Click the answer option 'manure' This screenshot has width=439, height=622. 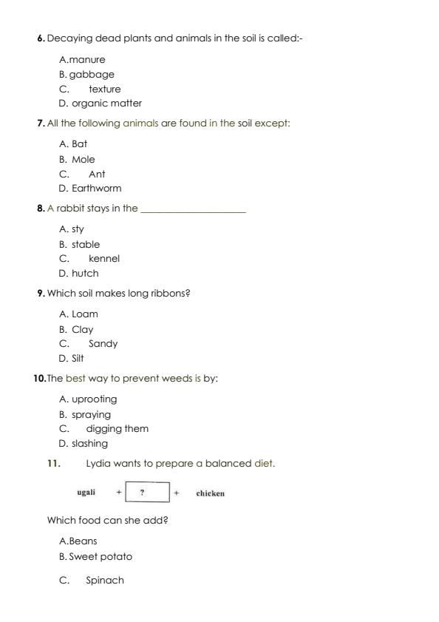pyautogui.click(x=87, y=60)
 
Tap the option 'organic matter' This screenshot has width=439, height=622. pyautogui.click(x=106, y=104)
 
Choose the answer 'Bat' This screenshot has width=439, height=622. pyautogui.click(x=79, y=144)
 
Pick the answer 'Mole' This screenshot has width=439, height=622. pyautogui.click(x=84, y=160)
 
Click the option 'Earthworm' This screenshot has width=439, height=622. pyautogui.click(x=96, y=189)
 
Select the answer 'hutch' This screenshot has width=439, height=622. pyautogui.click(x=85, y=274)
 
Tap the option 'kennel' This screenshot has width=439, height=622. pyautogui.click(x=103, y=259)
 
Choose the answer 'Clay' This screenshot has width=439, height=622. pyautogui.click(x=83, y=330)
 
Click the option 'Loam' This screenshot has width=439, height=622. pyautogui.click(x=84, y=314)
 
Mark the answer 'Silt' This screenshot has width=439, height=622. pyautogui.click(x=78, y=359)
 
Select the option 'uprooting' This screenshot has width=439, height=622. pyautogui.click(x=94, y=399)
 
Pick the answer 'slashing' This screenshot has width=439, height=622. pyautogui.click(x=89, y=444)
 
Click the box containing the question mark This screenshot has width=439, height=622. pyautogui.click(x=148, y=493)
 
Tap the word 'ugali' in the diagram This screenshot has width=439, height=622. pyautogui.click(x=86, y=493)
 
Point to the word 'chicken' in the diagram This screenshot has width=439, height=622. pyautogui.click(x=210, y=493)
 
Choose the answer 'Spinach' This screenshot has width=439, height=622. pyautogui.click(x=105, y=581)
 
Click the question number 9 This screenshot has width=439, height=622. pyautogui.click(x=41, y=294)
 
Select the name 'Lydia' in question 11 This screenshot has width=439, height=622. pyautogui.click(x=99, y=464)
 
